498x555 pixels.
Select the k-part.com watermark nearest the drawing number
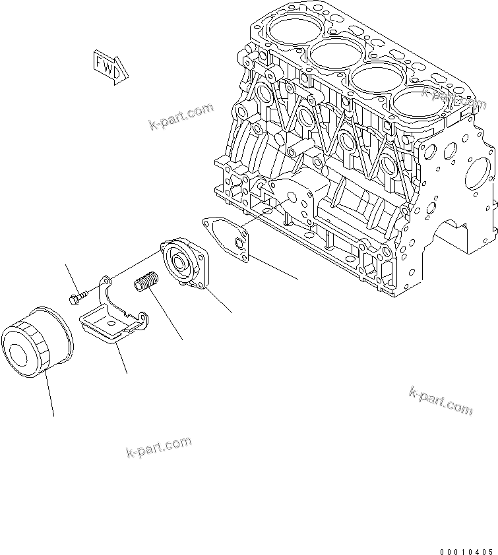click(441, 400)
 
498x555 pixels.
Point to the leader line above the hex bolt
click(71, 277)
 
